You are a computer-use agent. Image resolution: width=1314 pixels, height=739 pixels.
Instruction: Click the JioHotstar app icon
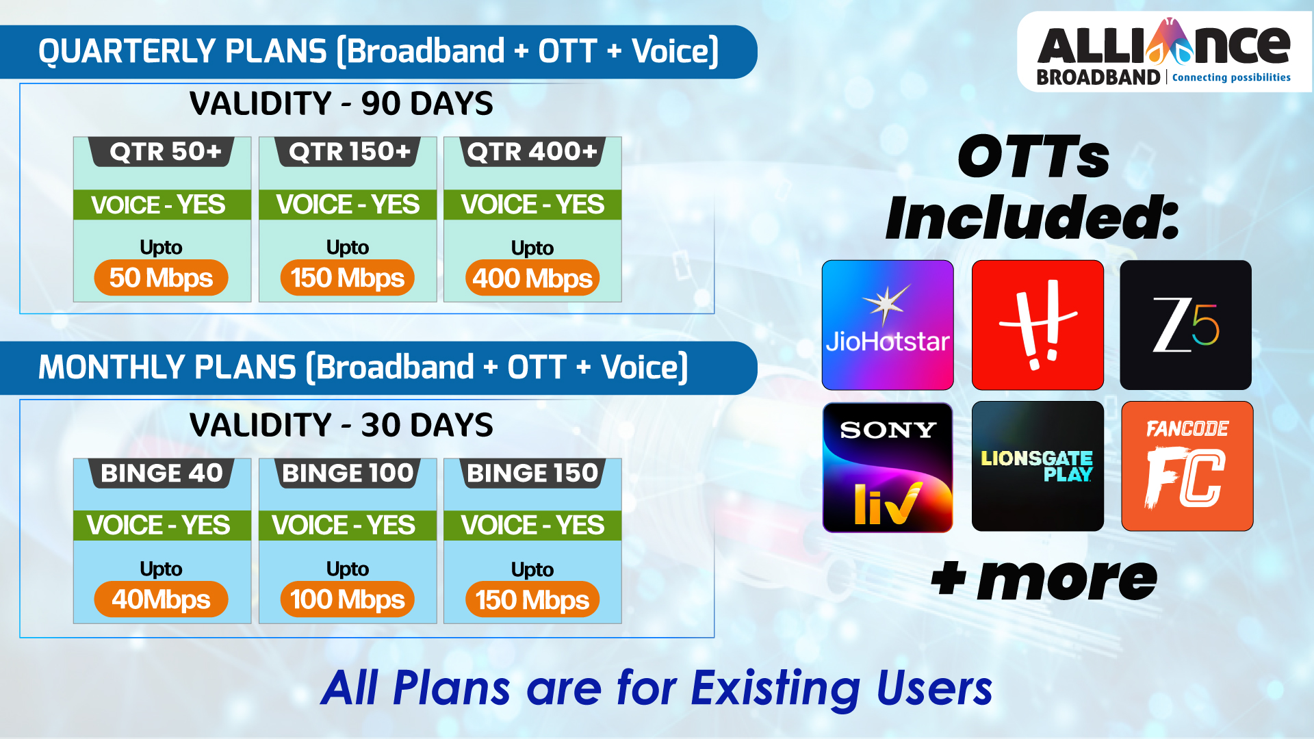[x=888, y=325]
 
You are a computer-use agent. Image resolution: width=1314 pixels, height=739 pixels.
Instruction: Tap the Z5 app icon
[x=1185, y=325]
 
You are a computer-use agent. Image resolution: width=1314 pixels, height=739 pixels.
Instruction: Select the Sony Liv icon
[x=888, y=467]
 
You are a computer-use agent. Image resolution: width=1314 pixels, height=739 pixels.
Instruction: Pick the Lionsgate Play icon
[x=1038, y=466]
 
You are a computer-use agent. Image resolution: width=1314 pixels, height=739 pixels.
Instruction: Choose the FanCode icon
[x=1187, y=466]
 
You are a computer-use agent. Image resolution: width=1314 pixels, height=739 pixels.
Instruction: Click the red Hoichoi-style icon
[x=1038, y=325]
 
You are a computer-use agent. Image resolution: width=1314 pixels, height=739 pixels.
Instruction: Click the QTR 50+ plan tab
[x=162, y=151]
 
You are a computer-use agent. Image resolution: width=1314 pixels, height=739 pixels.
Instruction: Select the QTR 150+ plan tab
[x=348, y=151]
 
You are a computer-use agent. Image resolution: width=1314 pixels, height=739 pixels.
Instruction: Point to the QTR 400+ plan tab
[x=532, y=151]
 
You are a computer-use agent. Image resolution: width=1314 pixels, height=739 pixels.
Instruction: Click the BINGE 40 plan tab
[x=162, y=473]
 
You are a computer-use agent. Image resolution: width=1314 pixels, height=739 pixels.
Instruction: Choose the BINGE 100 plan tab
[x=348, y=473]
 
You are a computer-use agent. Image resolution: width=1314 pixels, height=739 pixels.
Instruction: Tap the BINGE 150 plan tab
[x=532, y=473]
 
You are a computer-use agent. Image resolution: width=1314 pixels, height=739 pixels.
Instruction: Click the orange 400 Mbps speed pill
[x=532, y=278]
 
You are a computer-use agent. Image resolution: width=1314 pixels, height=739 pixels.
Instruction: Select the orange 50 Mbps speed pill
[x=161, y=278]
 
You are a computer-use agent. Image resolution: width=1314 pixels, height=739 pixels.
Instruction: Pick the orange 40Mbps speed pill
[x=161, y=599]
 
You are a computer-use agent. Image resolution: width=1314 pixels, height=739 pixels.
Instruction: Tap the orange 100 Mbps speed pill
[x=348, y=599]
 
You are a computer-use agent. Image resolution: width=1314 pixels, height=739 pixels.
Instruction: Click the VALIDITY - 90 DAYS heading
[x=341, y=104]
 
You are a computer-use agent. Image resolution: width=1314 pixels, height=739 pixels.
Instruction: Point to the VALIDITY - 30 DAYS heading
[x=341, y=426]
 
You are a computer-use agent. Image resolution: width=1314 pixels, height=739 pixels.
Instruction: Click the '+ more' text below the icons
[x=1044, y=579]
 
